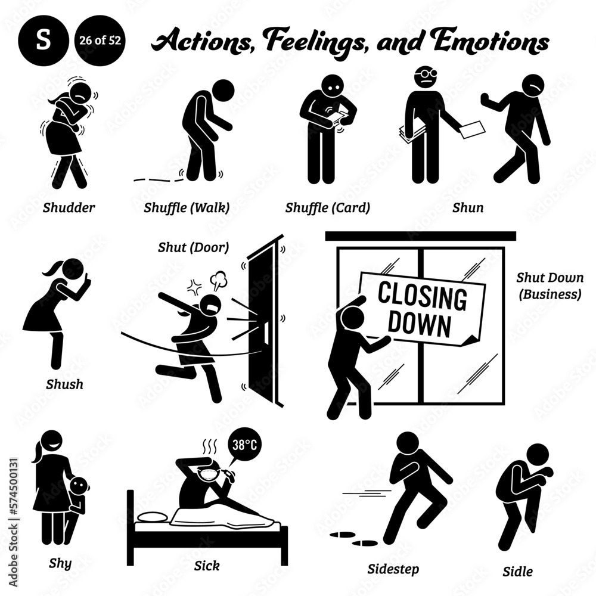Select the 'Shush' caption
coord(64,384)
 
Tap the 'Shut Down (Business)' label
coord(549,287)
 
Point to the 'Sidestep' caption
coord(393,569)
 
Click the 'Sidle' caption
coord(517,572)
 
